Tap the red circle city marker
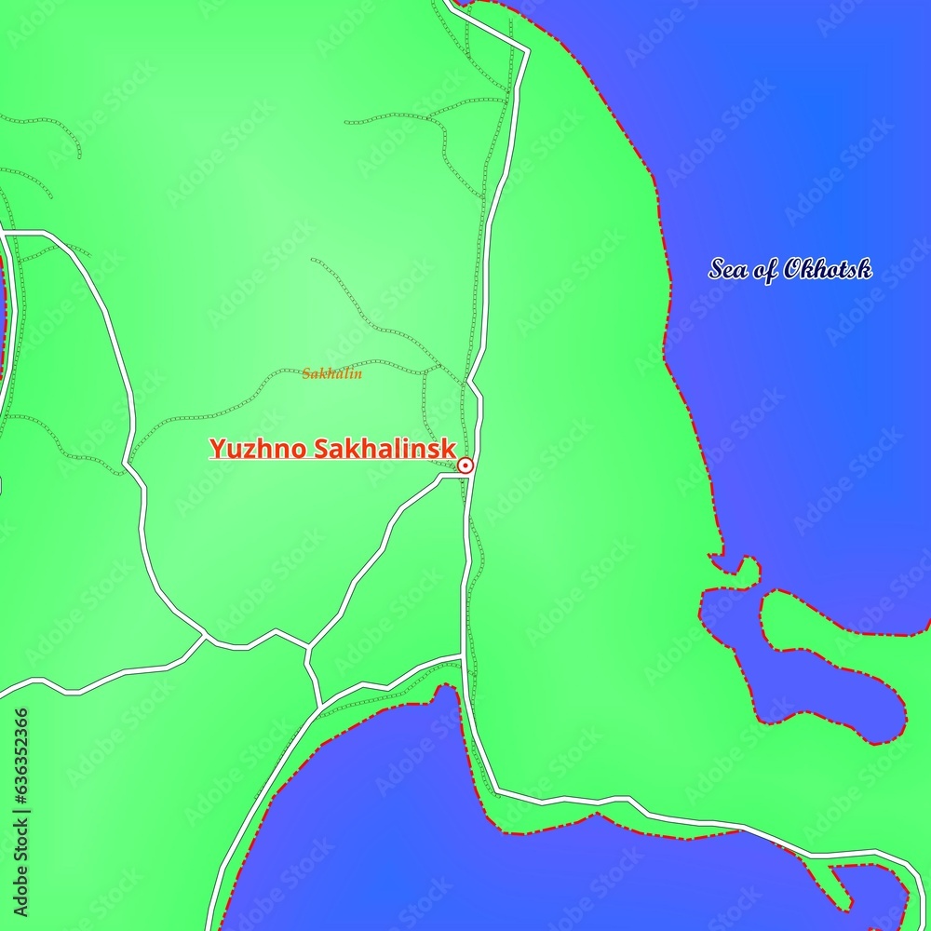[465, 465]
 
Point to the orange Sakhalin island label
[331, 374]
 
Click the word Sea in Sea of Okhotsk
[727, 270]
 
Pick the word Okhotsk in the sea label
[828, 270]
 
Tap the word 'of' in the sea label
[764, 270]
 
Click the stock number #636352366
[20, 754]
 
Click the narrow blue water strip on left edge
[3, 317]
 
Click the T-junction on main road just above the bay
[463, 657]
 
